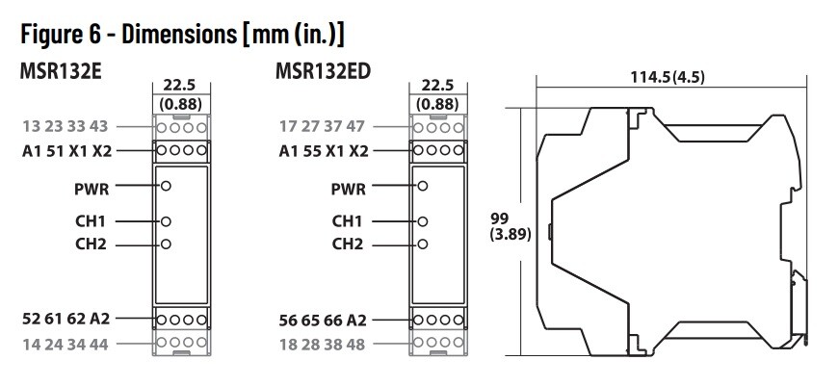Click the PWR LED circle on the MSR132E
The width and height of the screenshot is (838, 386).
[167, 188]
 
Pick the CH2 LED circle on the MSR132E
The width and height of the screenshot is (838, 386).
[167, 244]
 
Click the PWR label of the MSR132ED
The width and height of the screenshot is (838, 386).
[347, 188]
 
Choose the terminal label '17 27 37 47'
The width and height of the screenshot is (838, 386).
[322, 126]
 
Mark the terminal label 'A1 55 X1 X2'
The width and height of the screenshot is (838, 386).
[322, 150]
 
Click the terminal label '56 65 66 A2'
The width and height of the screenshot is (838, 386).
[321, 319]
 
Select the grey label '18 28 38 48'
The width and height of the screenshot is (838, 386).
[321, 343]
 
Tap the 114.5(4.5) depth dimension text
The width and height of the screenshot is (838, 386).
[667, 78]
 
